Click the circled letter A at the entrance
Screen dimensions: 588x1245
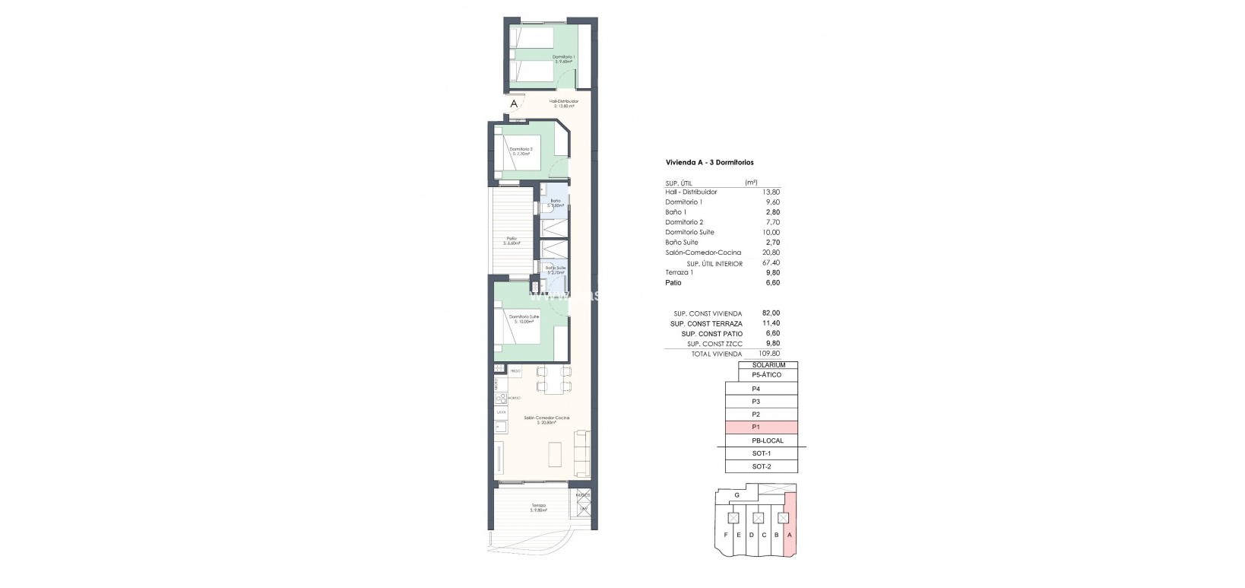515,103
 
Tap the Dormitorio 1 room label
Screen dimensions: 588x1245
563,59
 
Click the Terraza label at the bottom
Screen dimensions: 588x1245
538,507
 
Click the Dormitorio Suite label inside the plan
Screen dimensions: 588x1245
524,319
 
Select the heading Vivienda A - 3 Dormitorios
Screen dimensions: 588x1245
709,162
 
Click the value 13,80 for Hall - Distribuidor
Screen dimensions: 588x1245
771,192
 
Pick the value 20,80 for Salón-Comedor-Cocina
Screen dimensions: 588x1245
771,253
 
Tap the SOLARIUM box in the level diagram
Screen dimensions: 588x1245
768,365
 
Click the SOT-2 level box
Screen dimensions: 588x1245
761,466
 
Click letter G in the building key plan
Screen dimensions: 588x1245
737,495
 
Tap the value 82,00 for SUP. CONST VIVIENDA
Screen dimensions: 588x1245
770,313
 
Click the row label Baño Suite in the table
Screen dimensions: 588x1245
682,243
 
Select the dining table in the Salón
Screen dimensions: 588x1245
552,379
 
